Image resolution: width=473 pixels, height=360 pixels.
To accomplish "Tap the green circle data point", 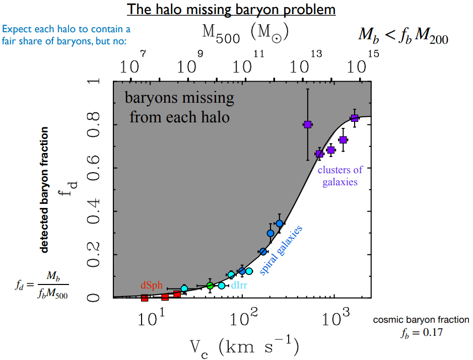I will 211,285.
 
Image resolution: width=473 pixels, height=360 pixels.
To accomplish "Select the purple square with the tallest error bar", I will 308,124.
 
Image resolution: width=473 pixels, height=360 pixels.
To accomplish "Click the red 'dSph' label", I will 151,285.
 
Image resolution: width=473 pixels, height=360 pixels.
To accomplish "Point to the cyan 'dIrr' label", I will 239,285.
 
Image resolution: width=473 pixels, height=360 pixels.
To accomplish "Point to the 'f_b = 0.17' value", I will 421,332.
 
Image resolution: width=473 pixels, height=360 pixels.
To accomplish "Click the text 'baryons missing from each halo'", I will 180,107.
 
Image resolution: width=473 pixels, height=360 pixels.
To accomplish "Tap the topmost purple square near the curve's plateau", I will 354,118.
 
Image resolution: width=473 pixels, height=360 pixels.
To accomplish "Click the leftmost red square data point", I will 145,298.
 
